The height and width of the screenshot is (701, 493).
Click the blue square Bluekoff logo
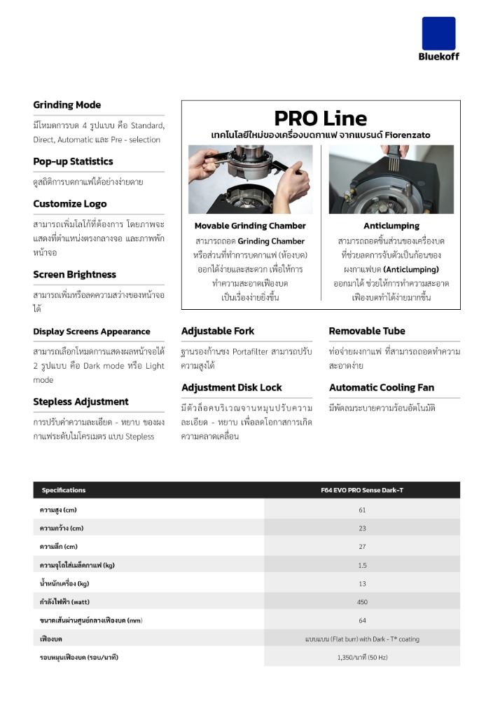[439, 34]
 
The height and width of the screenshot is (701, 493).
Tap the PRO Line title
[320, 118]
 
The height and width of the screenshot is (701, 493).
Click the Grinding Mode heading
[67, 105]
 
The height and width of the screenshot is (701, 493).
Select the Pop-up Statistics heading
[73, 161]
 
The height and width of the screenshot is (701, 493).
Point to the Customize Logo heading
[70, 204]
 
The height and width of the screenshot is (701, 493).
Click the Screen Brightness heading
[74, 275]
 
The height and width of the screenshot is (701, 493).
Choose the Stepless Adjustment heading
[81, 402]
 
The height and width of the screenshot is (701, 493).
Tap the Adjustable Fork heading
[218, 331]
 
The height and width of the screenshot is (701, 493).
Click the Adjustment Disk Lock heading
[232, 388]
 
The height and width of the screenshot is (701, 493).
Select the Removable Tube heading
[367, 331]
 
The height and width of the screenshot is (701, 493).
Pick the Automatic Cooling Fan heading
[382, 388]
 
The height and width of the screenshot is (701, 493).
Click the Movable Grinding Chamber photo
[250, 179]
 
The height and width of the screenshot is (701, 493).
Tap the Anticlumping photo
[391, 179]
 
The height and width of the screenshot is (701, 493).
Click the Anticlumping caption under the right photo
[391, 226]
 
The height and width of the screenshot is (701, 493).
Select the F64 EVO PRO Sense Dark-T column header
[362, 490]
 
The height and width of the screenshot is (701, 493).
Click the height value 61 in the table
[362, 510]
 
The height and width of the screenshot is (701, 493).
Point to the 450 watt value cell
[362, 601]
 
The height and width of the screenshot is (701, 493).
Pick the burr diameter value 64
[362, 620]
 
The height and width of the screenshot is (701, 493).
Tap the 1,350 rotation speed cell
[362, 657]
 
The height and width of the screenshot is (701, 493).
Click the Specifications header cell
[64, 490]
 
